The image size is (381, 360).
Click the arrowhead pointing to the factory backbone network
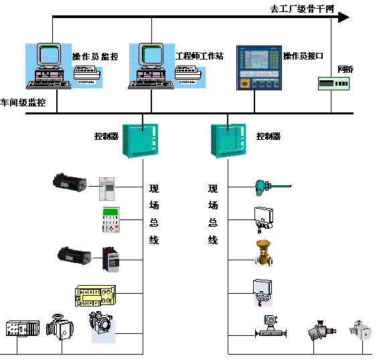pos(342,17)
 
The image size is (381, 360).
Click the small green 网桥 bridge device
pos(333,83)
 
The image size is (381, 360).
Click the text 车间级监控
pos(23,103)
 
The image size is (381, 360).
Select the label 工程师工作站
pos(199,57)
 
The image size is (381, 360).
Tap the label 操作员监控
pos(95,57)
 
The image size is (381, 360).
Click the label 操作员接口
pos(303,57)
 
